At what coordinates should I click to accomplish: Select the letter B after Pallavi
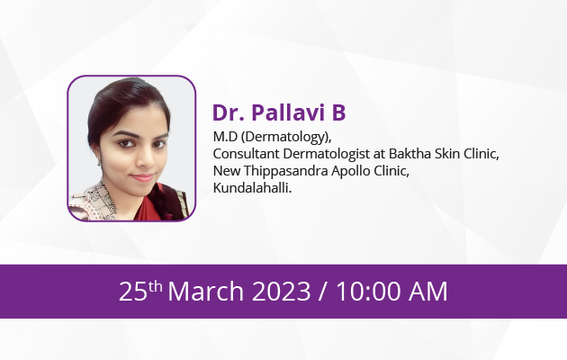(x=338, y=112)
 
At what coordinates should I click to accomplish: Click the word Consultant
(x=247, y=154)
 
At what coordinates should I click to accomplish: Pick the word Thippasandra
(x=286, y=171)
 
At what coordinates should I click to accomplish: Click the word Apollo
(x=351, y=171)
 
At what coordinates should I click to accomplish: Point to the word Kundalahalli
(x=252, y=188)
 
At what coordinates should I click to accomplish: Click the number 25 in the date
(x=133, y=292)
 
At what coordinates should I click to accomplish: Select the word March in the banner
(x=206, y=292)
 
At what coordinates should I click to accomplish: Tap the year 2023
(x=281, y=292)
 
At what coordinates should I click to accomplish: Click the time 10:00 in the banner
(x=369, y=292)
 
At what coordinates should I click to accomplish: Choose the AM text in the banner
(x=428, y=292)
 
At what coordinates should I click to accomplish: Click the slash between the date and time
(x=324, y=292)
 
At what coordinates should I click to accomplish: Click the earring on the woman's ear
(x=99, y=163)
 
